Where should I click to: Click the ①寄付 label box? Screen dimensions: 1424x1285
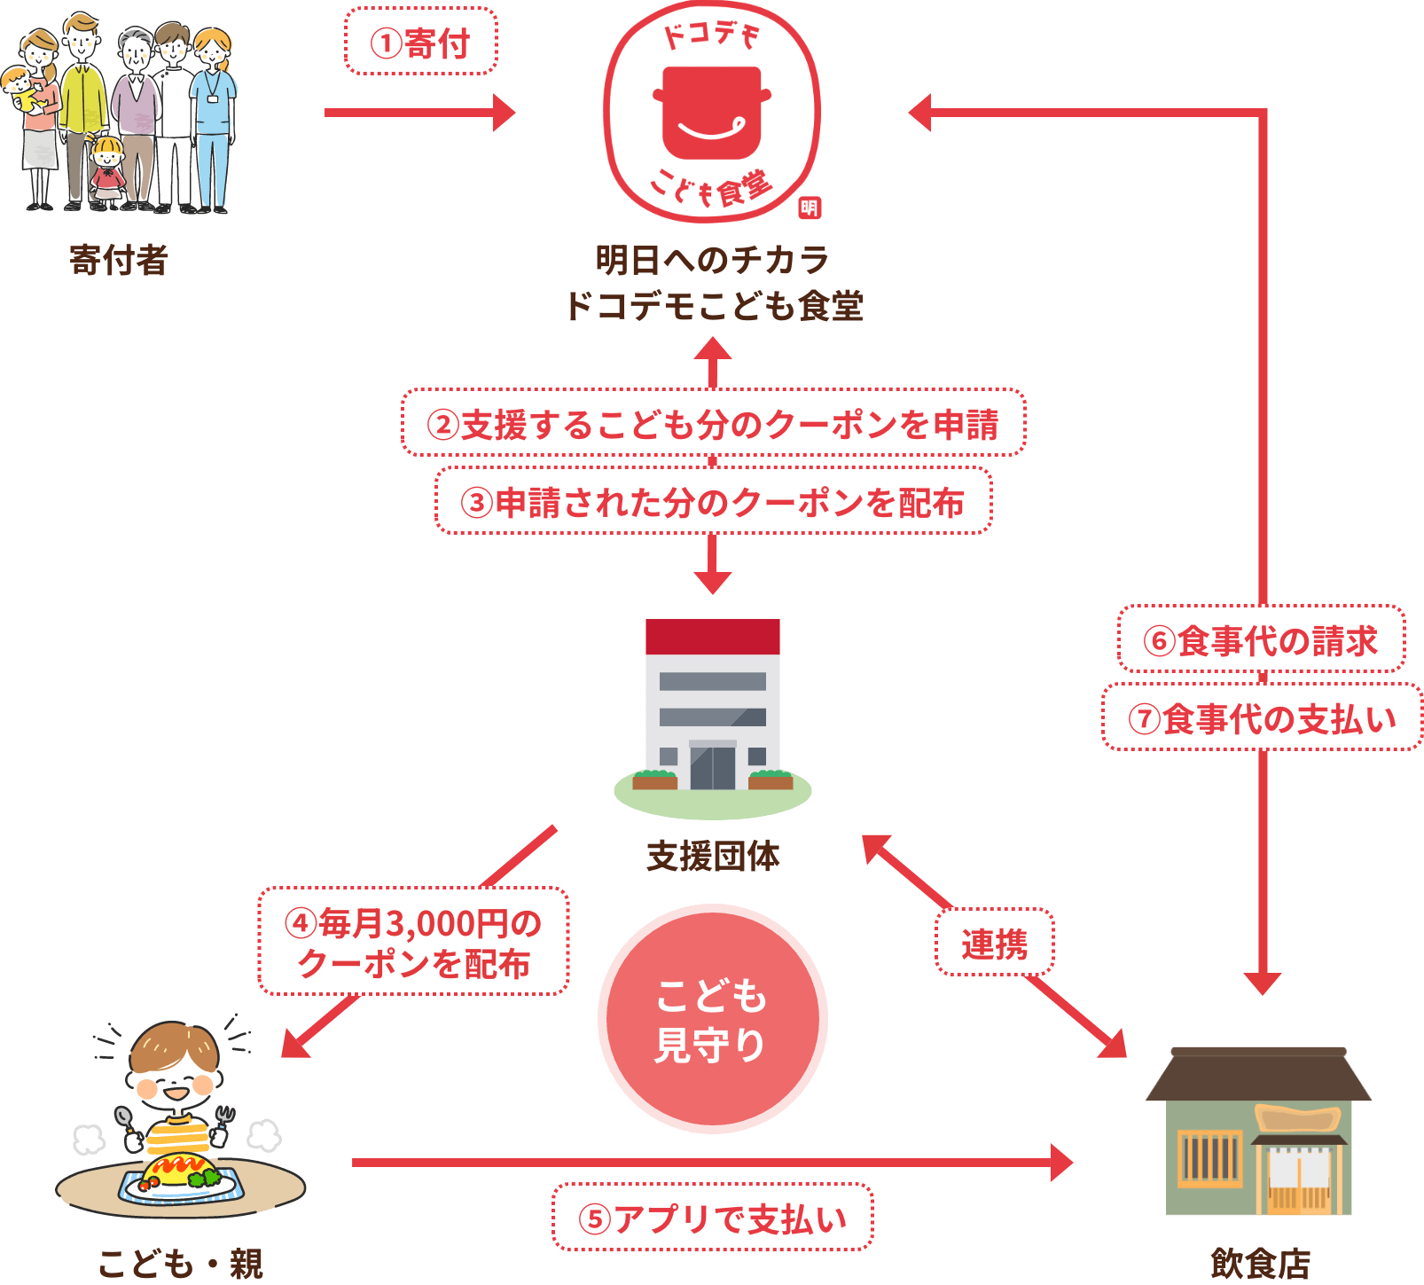click(x=420, y=42)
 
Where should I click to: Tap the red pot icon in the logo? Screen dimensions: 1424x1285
click(x=711, y=112)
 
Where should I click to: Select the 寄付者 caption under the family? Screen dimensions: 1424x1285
click(x=119, y=261)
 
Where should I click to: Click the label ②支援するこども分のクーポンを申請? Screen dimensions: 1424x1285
click(x=713, y=423)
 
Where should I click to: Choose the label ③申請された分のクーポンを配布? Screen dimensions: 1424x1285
click(x=713, y=501)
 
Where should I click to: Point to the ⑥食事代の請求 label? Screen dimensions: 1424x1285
click(x=1261, y=639)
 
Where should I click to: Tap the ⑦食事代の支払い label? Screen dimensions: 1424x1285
click(x=1263, y=717)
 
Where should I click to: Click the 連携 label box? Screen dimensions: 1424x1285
click(x=995, y=943)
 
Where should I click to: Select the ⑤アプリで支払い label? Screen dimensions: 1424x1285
click(x=713, y=1218)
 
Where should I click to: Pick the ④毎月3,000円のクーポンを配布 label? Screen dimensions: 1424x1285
click(x=413, y=942)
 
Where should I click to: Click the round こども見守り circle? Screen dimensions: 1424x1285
click(x=712, y=1019)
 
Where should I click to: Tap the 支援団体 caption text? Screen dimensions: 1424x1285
click(x=713, y=857)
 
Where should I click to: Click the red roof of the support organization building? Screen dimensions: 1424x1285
click(x=713, y=637)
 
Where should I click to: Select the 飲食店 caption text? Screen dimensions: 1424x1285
click(x=1260, y=1264)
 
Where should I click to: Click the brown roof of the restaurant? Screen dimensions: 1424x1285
click(x=1259, y=1075)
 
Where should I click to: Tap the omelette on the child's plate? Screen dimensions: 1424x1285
click(x=180, y=1170)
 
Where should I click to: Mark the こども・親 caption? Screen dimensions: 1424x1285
click(x=181, y=1264)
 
